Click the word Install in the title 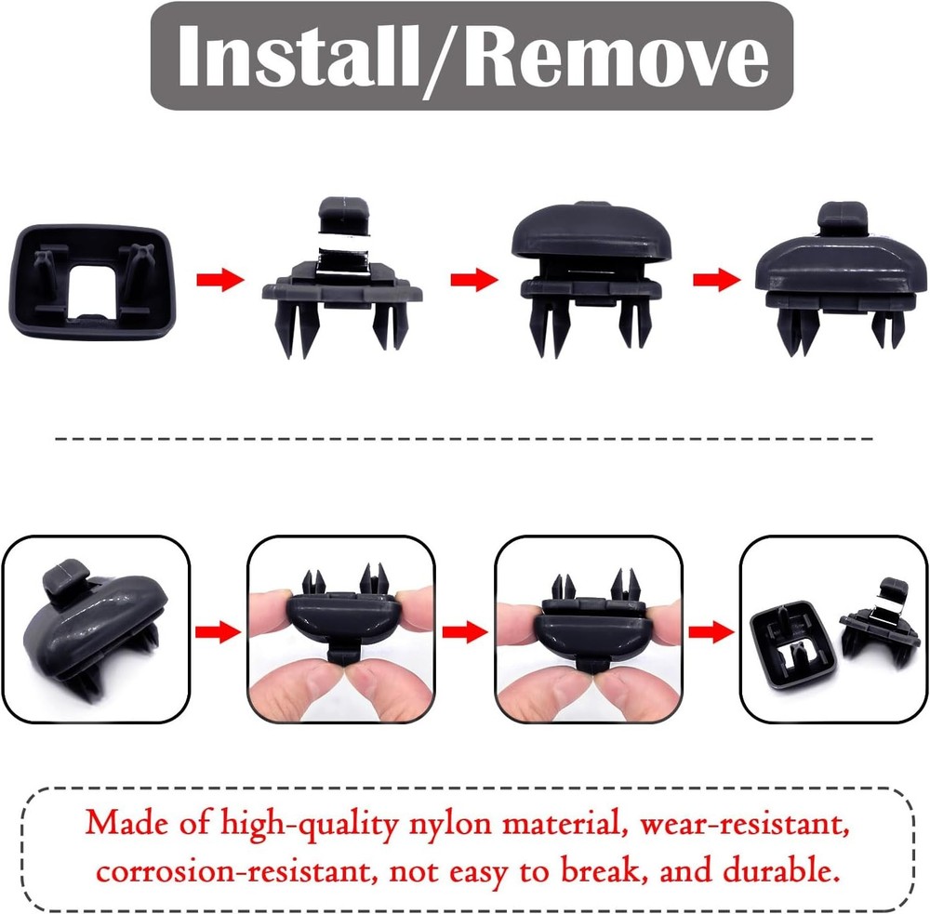pos(297,58)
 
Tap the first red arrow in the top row pos(219,279)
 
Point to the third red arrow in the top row pos(717,279)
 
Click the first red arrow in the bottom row pos(217,631)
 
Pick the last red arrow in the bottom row pos(709,631)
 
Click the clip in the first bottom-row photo pos(95,632)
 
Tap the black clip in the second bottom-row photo pos(341,623)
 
